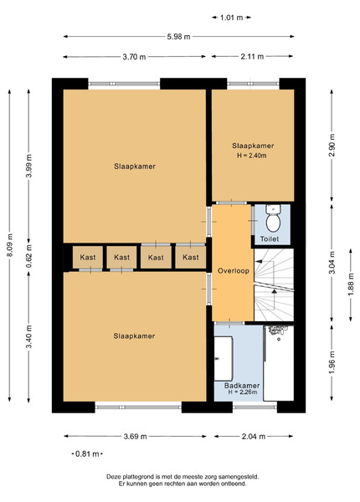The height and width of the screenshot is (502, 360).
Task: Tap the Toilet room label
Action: (270, 238)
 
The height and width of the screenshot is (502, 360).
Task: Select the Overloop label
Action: (234, 271)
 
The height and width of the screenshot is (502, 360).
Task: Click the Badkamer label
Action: (242, 386)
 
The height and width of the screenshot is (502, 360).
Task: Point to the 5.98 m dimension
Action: (178, 37)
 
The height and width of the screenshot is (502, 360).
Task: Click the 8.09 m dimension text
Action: (9, 245)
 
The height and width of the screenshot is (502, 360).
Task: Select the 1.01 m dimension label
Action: (231, 18)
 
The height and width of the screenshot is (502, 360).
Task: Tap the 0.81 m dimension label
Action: (87, 453)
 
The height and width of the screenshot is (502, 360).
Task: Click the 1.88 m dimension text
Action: (351, 284)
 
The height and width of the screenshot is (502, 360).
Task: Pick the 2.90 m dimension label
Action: (332, 146)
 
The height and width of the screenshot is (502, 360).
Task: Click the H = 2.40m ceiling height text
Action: (252, 156)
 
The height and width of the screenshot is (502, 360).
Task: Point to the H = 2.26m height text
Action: (243, 392)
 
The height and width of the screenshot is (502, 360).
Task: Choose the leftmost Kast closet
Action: (88, 257)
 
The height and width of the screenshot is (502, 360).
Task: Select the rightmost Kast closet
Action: (191, 257)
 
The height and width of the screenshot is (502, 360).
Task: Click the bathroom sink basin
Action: (224, 358)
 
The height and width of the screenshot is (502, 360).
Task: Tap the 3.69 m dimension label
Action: (135, 436)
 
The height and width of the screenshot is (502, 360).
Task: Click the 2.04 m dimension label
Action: (254, 436)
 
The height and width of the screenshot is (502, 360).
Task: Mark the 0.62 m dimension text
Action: (29, 256)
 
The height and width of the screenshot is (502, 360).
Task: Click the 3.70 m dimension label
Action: (134, 57)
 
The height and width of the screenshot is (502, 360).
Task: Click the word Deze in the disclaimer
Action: (113, 477)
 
